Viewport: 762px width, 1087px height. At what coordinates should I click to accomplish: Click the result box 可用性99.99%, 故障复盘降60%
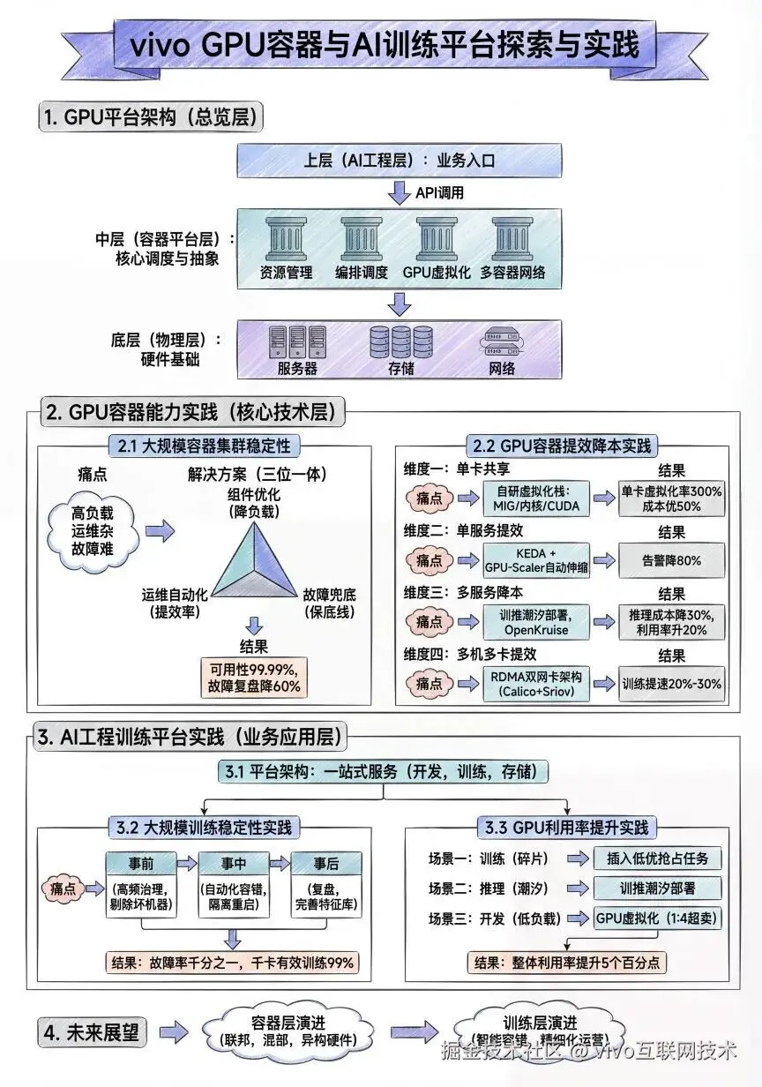[x=254, y=676]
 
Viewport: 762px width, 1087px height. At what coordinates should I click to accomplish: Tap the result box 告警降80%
[x=672, y=559]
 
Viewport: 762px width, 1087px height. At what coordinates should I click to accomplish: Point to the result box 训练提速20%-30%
[x=672, y=684]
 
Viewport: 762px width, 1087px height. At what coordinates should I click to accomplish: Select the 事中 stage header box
[x=233, y=863]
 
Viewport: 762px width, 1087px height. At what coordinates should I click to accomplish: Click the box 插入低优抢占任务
[x=657, y=858]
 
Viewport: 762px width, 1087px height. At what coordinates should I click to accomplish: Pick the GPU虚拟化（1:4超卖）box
[x=657, y=918]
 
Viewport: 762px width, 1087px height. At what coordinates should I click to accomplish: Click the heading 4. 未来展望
[x=92, y=1032]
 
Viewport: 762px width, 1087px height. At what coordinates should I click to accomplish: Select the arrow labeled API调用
[x=400, y=192]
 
